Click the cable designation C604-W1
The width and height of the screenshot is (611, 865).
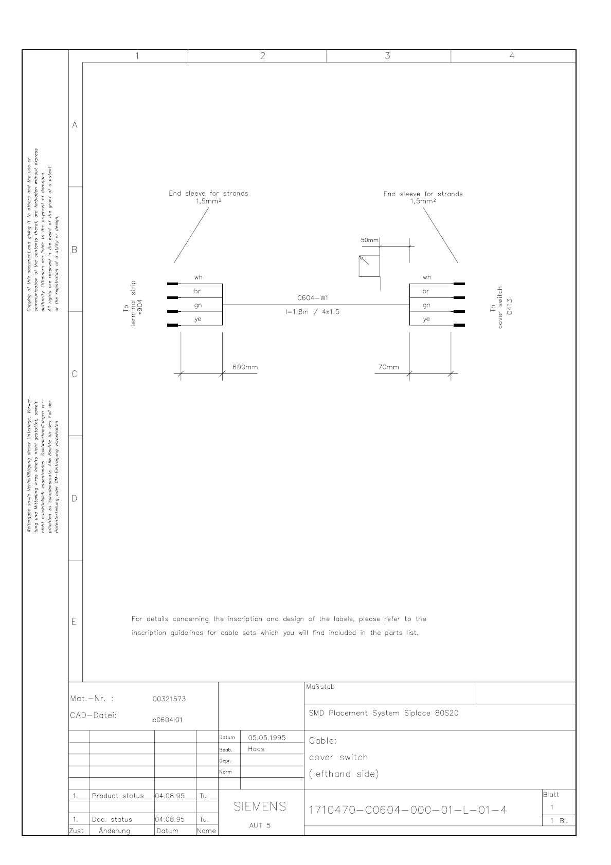pos(313,298)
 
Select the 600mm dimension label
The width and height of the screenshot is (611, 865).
pos(245,367)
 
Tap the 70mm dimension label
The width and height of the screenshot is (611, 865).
pos(388,367)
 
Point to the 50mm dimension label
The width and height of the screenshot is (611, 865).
pos(369,240)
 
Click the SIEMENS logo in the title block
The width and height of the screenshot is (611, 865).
pos(260,807)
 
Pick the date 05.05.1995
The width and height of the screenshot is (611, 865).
pos(267,738)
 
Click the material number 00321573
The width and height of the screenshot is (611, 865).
pos(169,699)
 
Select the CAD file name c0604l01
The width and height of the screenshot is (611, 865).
pos(168,720)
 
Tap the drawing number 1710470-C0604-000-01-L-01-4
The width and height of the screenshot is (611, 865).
pos(407,810)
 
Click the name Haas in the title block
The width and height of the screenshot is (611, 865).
pos(256,749)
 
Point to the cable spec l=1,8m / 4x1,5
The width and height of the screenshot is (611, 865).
pos(312,312)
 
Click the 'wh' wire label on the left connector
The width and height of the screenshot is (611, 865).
pos(198,277)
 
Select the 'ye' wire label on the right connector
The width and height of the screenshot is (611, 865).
pos(426,319)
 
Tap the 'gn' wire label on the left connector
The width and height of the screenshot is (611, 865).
pos(198,305)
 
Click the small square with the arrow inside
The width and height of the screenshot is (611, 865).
pos(369,267)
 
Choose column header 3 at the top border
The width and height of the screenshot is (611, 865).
pos(388,56)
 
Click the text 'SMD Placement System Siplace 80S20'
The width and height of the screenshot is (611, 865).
pos(384,713)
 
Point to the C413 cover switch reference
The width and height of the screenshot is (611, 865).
pos(509,307)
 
